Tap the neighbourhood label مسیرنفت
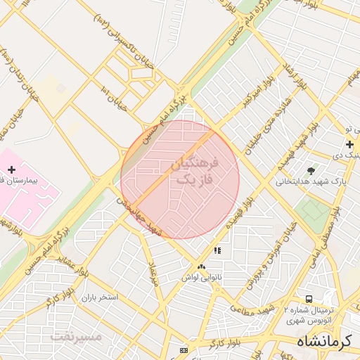click(77, 336)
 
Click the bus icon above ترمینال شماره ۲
click(310, 299)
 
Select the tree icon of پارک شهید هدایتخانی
click(311, 171)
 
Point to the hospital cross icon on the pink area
click(11, 169)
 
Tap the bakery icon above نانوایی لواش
click(202, 266)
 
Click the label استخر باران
click(99, 298)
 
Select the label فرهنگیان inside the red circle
click(195, 165)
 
